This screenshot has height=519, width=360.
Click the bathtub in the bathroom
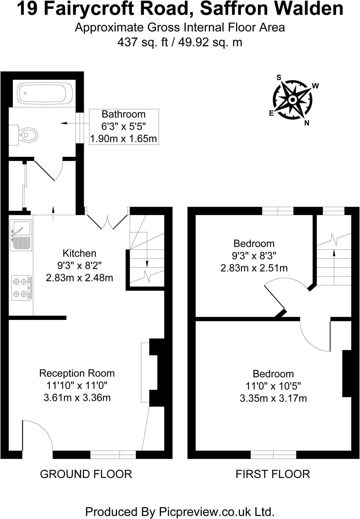pyautogui.click(x=45, y=93)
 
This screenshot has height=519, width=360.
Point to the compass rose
pyautogui.click(x=293, y=99)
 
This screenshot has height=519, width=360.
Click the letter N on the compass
pyautogui.click(x=307, y=123)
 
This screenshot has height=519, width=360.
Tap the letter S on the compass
pyautogui.click(x=279, y=78)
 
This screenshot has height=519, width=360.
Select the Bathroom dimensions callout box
pyautogui.click(x=124, y=127)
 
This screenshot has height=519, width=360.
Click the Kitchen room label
pyautogui.click(x=79, y=253)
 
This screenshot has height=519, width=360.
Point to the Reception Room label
pyautogui.click(x=77, y=373)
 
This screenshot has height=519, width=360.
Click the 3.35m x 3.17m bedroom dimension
pyautogui.click(x=273, y=398)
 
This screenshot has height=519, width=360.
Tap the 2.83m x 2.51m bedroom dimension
pyautogui.click(x=254, y=268)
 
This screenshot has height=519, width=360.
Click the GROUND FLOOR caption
pyautogui.click(x=86, y=474)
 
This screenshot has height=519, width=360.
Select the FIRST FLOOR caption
pyautogui.click(x=273, y=474)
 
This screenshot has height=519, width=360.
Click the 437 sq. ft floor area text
pyautogui.click(x=143, y=42)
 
